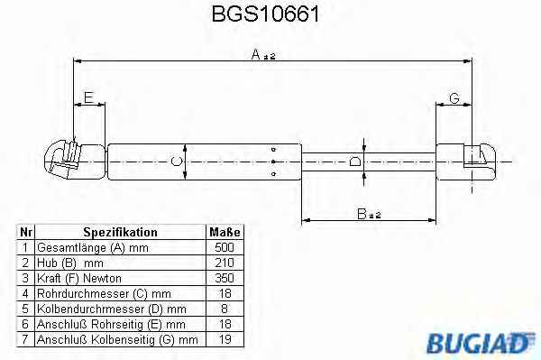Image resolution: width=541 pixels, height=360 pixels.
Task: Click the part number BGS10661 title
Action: tap(265, 14)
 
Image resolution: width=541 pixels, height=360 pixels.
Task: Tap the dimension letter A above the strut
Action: tap(256, 54)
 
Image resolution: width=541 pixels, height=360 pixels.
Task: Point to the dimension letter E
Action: tap(88, 97)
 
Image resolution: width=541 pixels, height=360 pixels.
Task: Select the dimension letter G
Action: tap(454, 98)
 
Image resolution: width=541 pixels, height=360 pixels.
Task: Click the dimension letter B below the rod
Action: tap(362, 214)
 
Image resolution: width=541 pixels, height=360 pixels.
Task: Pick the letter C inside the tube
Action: tap(177, 162)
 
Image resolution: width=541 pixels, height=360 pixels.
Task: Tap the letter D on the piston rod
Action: tap(355, 162)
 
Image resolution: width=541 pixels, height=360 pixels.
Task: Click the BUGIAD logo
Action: tap(481, 343)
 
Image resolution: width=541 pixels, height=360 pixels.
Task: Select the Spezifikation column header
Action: tap(121, 232)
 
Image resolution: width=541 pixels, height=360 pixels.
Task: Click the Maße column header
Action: tap(225, 232)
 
